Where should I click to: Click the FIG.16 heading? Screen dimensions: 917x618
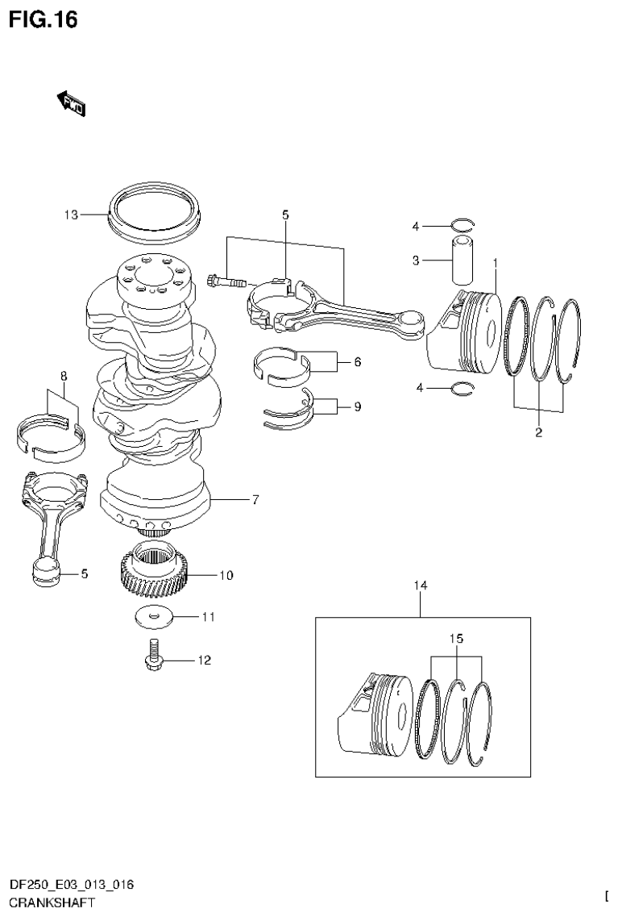(43, 19)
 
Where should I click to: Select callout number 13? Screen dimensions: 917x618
(71, 215)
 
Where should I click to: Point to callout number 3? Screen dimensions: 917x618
(416, 260)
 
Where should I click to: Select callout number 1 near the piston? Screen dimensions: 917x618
(495, 263)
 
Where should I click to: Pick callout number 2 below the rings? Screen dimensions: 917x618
(538, 433)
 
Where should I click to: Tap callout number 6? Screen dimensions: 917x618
(357, 363)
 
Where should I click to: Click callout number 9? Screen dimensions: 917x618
(357, 406)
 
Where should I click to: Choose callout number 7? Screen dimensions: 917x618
(254, 500)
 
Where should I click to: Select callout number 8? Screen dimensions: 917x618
(63, 376)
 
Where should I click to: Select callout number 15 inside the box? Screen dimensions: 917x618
(457, 639)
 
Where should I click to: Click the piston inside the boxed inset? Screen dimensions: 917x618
(371, 713)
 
